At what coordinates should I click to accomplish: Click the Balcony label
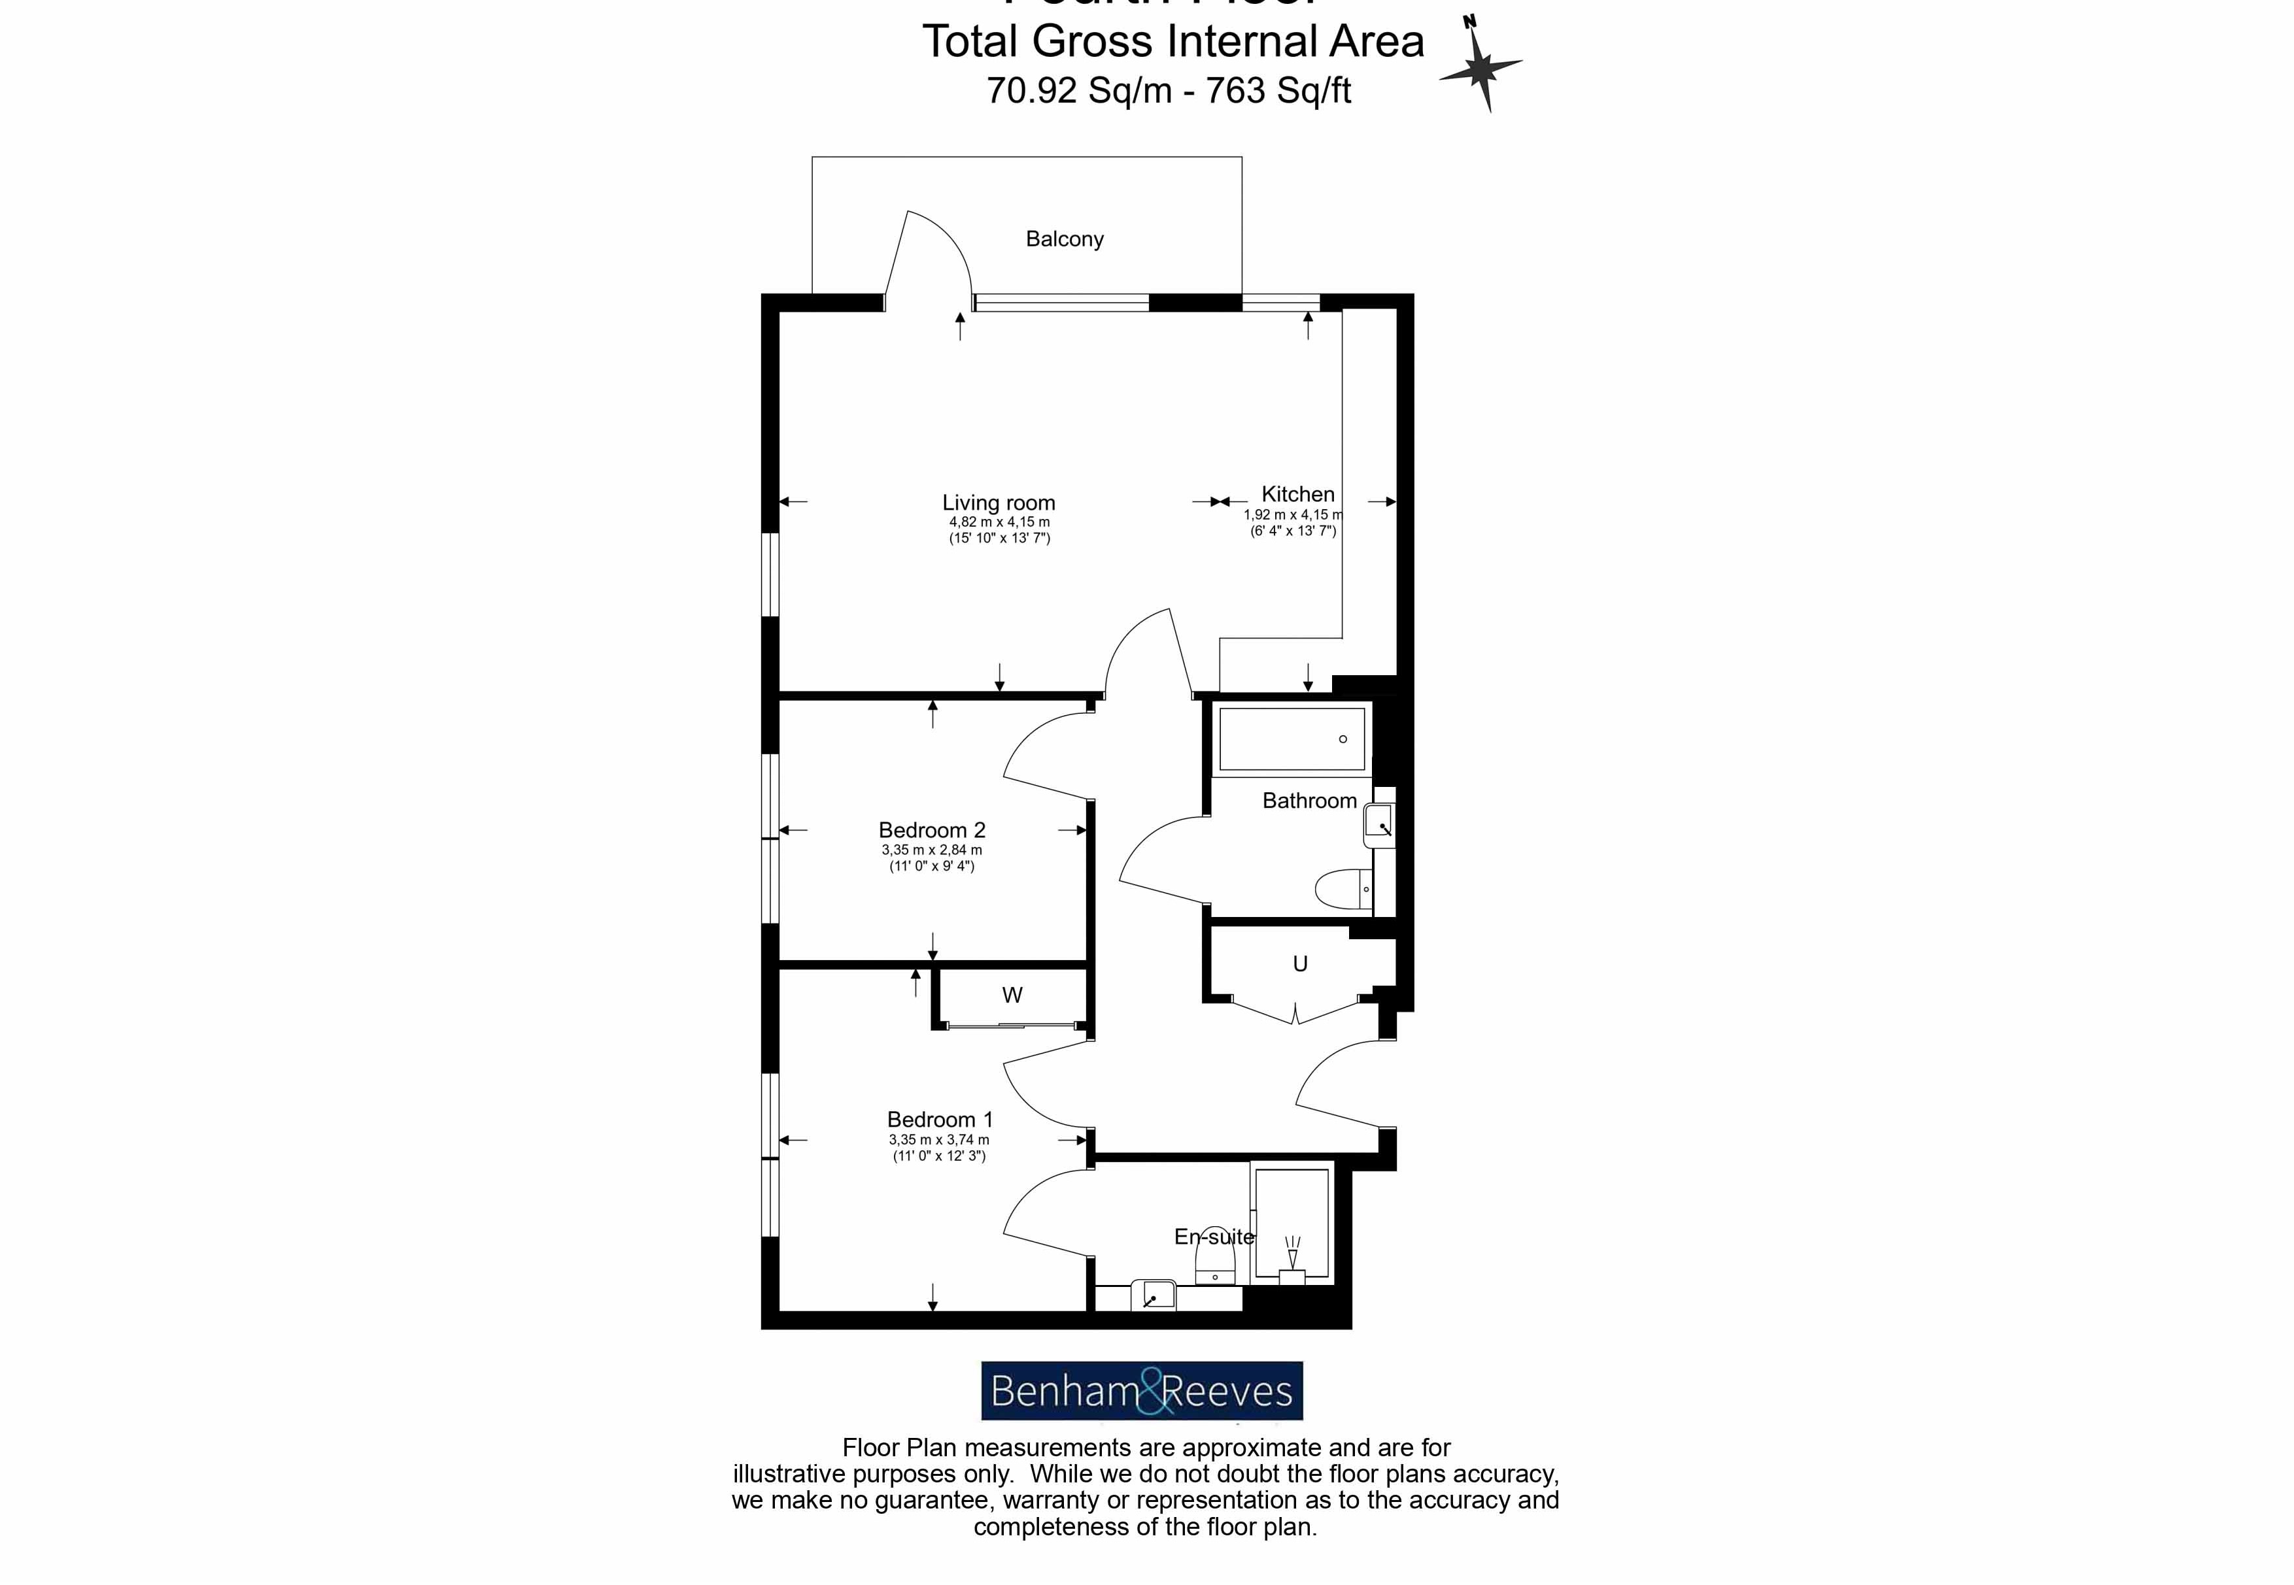pyautogui.click(x=1064, y=239)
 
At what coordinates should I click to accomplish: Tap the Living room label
pyautogui.click(x=999, y=503)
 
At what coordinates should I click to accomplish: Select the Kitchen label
pyautogui.click(x=1297, y=493)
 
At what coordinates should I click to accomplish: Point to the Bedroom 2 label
pyautogui.click(x=931, y=829)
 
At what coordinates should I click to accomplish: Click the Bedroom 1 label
pyautogui.click(x=939, y=1119)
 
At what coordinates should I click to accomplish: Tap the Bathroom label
pyautogui.click(x=1309, y=801)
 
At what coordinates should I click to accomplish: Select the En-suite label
pyautogui.click(x=1213, y=1237)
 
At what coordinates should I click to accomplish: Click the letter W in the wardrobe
pyautogui.click(x=1012, y=995)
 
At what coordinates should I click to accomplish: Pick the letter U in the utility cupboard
pyautogui.click(x=1299, y=963)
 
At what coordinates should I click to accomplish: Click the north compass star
pyautogui.click(x=1481, y=67)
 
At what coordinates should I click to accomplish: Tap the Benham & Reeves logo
pyautogui.click(x=1142, y=1390)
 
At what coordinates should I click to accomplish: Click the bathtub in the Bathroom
pyautogui.click(x=1292, y=739)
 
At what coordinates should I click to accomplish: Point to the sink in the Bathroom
pyautogui.click(x=1379, y=824)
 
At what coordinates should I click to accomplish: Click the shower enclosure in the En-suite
pyautogui.click(x=1292, y=1224)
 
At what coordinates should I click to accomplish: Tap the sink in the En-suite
pyautogui.click(x=1152, y=1296)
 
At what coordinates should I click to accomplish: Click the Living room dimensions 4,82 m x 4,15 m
pyautogui.click(x=999, y=522)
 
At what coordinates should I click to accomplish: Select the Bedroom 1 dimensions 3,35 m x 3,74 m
pyautogui.click(x=939, y=1140)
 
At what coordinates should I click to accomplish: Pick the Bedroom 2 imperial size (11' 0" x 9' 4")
pyautogui.click(x=931, y=866)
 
